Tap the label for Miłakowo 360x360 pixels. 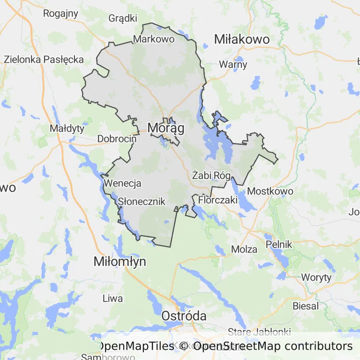tap(241, 39)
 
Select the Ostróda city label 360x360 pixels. tap(184, 316)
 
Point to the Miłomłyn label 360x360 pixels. tap(120, 262)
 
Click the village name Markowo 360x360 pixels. tap(154, 39)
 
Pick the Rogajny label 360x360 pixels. tap(60, 13)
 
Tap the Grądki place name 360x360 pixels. tap(123, 18)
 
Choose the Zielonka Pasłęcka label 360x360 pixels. tap(44, 60)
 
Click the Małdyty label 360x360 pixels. tap(67, 128)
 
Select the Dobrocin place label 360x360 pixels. tap(117, 139)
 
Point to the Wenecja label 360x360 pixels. tap(123, 183)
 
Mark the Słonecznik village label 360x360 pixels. tap(142, 202)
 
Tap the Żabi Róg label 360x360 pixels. tap(211, 176)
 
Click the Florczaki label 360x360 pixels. tap(218, 200)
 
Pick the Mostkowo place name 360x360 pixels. tap(270, 191)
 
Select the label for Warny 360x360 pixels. tap(233, 65)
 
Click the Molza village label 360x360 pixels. tap(245, 249)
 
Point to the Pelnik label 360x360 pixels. tap(278, 244)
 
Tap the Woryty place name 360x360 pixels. tap(316, 277)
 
